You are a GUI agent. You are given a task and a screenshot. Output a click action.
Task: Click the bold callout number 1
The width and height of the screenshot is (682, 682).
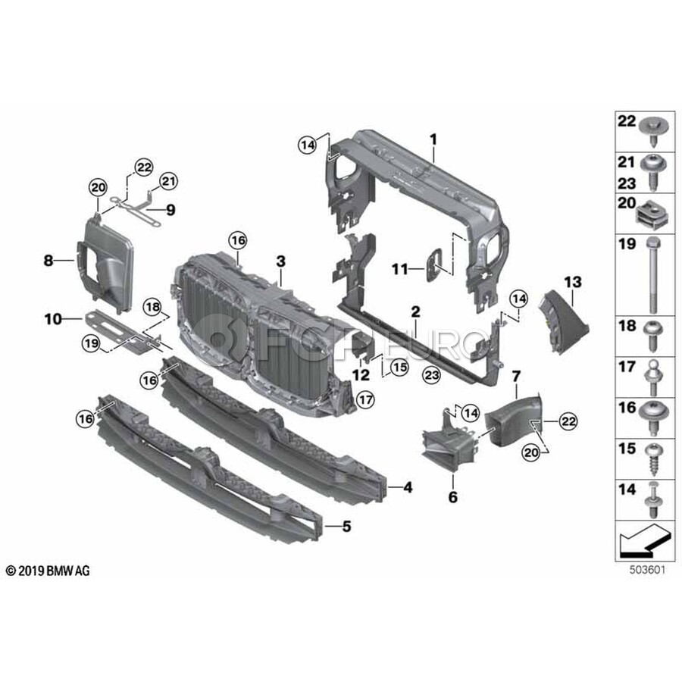click(433, 139)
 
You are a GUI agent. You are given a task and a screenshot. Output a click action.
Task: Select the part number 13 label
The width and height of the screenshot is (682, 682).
click(573, 283)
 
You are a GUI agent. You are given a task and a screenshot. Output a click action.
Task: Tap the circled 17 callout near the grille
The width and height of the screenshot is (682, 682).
click(365, 399)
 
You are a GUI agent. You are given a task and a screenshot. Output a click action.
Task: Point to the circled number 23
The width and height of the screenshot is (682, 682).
click(431, 375)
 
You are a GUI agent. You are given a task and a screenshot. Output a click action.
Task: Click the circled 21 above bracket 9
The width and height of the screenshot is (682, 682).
click(168, 181)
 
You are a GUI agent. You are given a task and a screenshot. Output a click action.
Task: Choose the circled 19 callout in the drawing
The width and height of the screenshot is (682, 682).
click(92, 343)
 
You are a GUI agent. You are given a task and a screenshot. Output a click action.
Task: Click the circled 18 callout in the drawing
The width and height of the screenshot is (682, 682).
click(153, 307)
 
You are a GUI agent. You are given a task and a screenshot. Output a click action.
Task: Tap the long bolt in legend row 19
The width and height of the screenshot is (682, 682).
click(652, 275)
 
